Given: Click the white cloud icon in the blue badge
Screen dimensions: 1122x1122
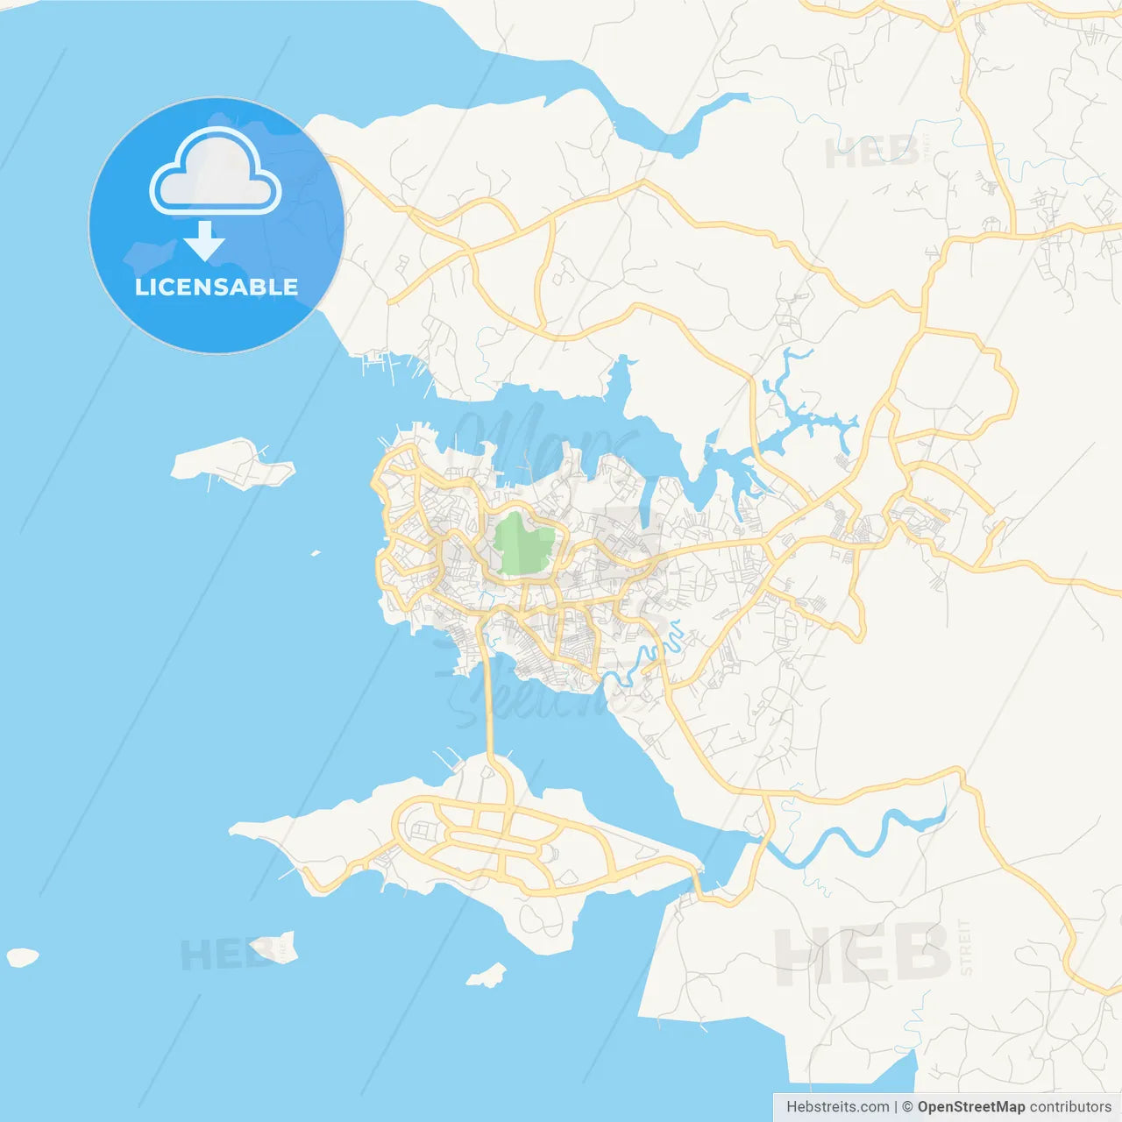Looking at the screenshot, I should (x=216, y=173).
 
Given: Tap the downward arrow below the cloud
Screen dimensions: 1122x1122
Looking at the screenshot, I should (x=205, y=241).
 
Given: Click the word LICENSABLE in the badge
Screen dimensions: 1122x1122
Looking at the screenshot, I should (x=216, y=287).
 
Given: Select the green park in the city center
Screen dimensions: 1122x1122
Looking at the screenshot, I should (x=523, y=545).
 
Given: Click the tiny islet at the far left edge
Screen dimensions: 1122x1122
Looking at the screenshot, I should (x=23, y=957).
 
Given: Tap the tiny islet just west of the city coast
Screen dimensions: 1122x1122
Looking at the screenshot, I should (x=316, y=553).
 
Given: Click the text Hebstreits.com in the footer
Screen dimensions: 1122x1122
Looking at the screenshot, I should (x=837, y=1107).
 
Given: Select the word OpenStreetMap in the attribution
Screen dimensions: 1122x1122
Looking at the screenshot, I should (x=970, y=1107).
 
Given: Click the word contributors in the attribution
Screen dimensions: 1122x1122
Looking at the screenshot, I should (x=1069, y=1107).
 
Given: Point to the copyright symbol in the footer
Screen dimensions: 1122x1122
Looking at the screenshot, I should (x=907, y=1107).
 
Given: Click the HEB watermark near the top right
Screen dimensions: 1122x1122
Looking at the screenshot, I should (x=871, y=153).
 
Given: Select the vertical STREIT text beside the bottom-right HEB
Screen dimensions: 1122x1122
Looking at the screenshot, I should (x=966, y=948).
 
